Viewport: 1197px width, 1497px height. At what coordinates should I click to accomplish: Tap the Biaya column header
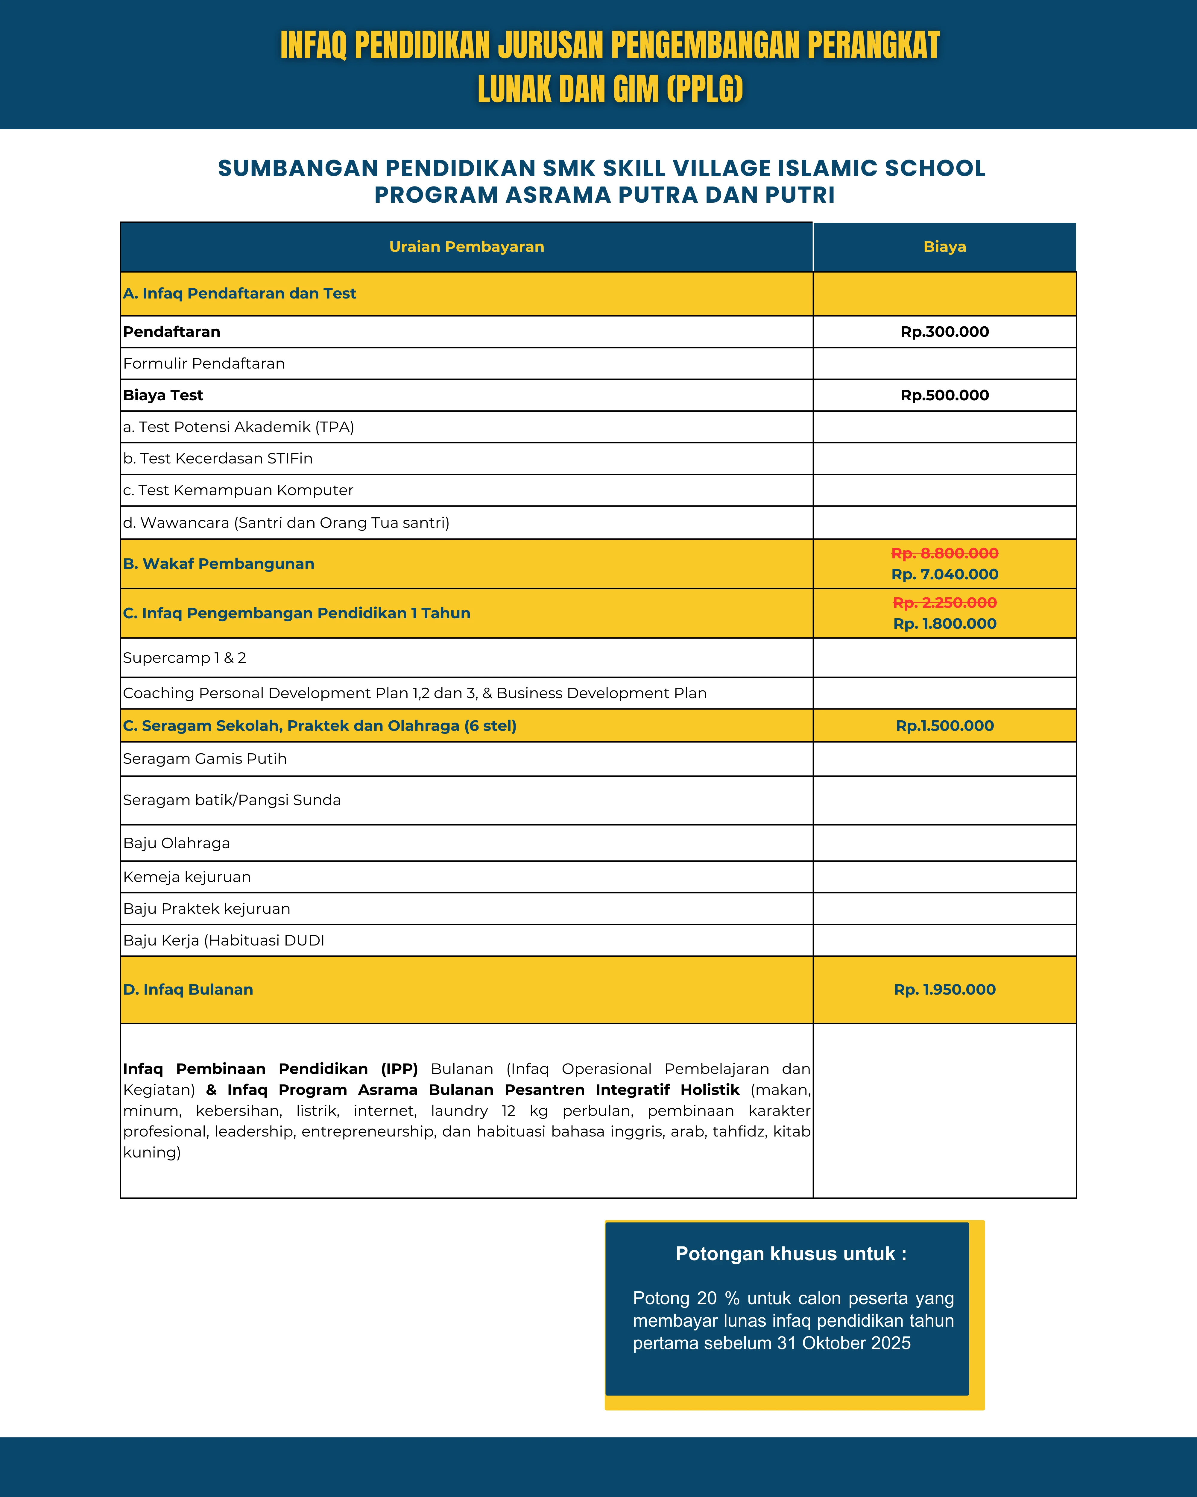point(944,246)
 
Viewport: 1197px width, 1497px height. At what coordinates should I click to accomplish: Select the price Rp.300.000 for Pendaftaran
point(944,332)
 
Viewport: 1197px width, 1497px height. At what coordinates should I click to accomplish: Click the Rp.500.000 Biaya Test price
point(944,395)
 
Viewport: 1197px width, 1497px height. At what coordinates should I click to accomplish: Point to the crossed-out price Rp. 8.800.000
point(944,553)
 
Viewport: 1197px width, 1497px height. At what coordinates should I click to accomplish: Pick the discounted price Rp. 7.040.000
point(944,574)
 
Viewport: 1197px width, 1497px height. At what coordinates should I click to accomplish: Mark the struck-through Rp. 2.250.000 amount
point(944,603)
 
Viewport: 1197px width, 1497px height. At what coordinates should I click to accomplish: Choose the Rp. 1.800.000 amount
point(944,624)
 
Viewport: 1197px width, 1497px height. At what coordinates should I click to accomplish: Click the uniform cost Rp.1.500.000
point(944,725)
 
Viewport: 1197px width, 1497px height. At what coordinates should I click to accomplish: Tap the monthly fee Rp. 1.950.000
point(944,990)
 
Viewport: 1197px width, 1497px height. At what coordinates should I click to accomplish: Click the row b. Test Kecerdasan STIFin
point(218,458)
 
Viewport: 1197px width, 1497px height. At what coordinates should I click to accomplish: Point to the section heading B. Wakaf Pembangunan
point(218,564)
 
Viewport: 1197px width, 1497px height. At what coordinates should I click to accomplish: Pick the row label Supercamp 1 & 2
point(185,657)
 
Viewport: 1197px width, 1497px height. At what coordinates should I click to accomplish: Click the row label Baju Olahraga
point(176,843)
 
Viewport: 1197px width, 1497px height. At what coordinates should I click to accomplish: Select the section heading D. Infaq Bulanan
point(188,990)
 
